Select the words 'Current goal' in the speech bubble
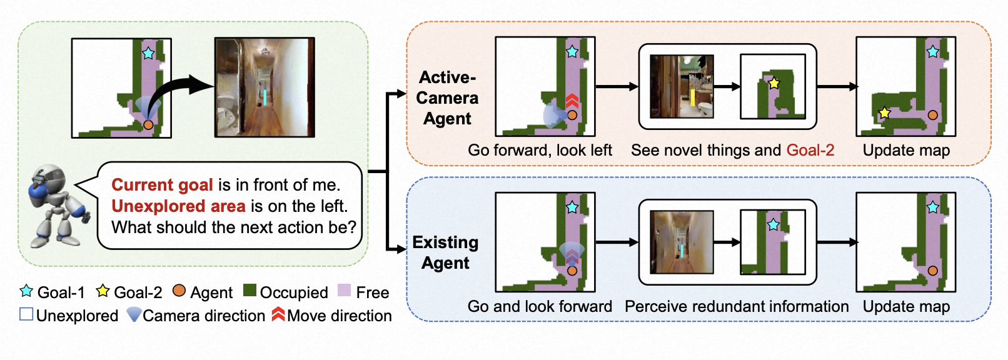coord(162,185)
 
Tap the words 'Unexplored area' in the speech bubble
coord(178,206)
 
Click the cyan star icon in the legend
coord(26,291)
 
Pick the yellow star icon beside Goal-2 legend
coord(103,291)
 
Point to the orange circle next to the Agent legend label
coord(179,291)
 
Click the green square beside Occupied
coord(249,291)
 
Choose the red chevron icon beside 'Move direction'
coord(278,314)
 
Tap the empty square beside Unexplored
coord(26,314)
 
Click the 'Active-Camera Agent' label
coord(447,98)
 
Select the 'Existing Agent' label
coord(445,252)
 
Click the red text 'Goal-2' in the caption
coord(810,151)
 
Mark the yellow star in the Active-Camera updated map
coord(884,113)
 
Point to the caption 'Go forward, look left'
coord(540,151)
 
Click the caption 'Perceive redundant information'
coord(737,307)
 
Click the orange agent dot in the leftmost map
coord(148,125)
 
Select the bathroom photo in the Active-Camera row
coord(682,86)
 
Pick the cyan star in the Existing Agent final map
coord(932,207)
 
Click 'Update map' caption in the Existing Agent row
coord(906,307)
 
